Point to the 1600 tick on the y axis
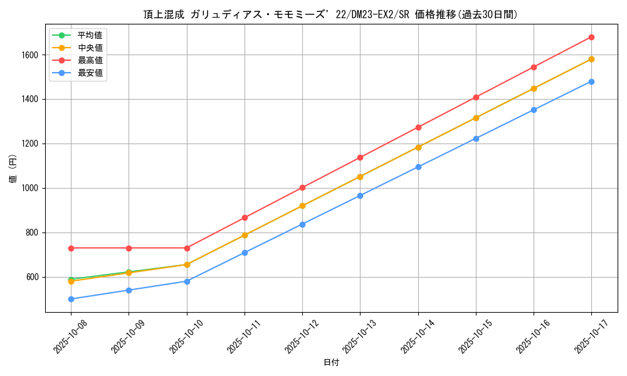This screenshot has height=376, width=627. pos(29,55)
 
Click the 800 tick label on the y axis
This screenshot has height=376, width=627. pos(31,233)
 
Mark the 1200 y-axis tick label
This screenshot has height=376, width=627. pos(29,144)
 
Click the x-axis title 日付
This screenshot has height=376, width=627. pos(331,363)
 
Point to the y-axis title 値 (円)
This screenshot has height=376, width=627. pos(13,169)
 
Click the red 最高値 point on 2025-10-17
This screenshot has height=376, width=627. pos(591,38)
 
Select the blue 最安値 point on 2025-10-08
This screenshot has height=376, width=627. pos(71,299)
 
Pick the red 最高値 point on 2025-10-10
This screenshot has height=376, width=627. pos(187,248)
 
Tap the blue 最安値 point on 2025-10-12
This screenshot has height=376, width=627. pos(302,224)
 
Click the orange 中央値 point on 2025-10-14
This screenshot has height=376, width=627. pos(418,147)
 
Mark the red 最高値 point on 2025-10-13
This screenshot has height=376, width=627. pos(360,157)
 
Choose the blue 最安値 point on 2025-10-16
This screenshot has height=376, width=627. pos(534,110)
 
